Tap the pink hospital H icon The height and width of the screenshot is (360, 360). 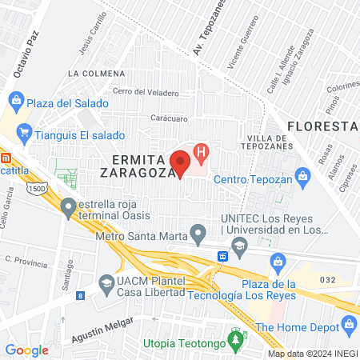click(202, 150)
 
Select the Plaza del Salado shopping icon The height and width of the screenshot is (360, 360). click(15, 102)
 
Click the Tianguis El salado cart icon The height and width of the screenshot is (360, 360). click(24, 132)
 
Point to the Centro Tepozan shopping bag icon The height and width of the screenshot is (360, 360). click(302, 175)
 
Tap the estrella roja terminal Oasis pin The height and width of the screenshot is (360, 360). click(69, 207)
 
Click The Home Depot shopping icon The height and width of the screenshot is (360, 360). click(349, 324)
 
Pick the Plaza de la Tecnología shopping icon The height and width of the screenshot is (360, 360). click(278, 260)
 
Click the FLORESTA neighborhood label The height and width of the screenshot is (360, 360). click(321, 126)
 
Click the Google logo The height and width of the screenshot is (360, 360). click(26, 350)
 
